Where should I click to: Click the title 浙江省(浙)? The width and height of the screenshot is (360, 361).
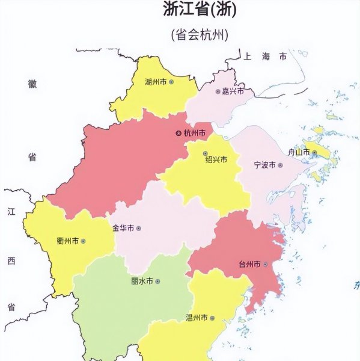[200, 10]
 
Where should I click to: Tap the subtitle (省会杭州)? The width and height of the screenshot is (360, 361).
[200, 35]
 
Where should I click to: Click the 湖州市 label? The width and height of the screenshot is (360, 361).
[156, 81]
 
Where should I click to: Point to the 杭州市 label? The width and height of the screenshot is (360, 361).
[195, 133]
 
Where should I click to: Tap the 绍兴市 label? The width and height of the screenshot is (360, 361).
[216, 160]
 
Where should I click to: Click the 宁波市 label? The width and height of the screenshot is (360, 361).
[264, 165]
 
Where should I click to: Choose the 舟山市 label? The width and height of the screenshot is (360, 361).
[299, 153]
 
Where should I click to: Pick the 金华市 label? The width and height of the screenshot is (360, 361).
[123, 229]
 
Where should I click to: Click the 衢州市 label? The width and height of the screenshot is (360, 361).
[67, 241]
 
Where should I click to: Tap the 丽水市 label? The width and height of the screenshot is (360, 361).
[142, 281]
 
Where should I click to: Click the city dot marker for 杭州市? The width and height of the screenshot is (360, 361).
[178, 133]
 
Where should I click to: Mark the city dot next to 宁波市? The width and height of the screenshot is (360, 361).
[279, 165]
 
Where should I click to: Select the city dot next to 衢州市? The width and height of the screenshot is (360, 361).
[83, 241]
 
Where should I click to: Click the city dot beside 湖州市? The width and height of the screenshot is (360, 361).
[171, 81]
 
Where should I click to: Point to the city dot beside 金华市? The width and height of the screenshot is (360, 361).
[139, 229]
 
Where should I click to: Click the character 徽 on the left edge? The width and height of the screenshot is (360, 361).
[32, 84]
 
